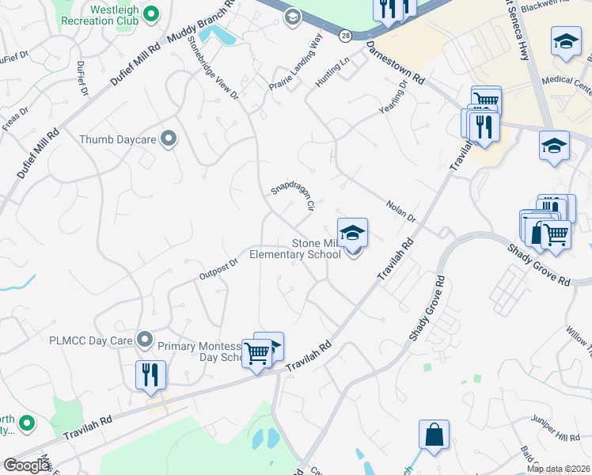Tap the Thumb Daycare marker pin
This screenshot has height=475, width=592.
pyautogui.click(x=168, y=139)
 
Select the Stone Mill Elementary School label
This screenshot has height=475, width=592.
pyautogui.click(x=294, y=249)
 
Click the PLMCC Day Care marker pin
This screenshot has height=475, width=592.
pyautogui.click(x=144, y=340)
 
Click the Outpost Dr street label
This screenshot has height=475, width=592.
pyautogui.click(x=218, y=269)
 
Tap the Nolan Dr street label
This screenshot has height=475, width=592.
pyautogui.click(x=400, y=211)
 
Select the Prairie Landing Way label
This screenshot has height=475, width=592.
pyautogui.click(x=297, y=62)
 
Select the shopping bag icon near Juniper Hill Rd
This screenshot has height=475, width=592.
pyautogui.click(x=434, y=435)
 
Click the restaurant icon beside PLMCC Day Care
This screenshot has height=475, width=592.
pyautogui.click(x=150, y=374)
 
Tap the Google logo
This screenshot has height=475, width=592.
pyautogui.click(x=27, y=465)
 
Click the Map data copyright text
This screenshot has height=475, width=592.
pyautogui.click(x=558, y=469)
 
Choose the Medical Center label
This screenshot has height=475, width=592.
pyautogui.click(x=567, y=81)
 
